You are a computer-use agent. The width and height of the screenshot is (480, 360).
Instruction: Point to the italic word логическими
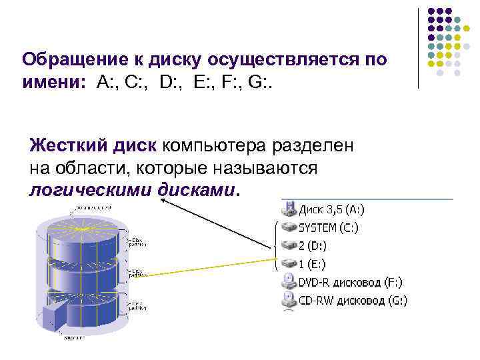pyautogui.click(x=91, y=190)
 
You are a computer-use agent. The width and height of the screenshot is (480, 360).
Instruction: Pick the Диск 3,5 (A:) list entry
pyautogui.click(x=332, y=209)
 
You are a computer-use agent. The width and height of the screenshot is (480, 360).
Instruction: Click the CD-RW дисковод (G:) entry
pyautogui.click(x=353, y=300)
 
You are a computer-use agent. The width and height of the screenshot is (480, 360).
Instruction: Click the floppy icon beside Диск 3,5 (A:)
pyautogui.click(x=289, y=209)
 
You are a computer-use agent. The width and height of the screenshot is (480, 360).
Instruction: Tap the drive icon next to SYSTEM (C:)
pyautogui.click(x=289, y=227)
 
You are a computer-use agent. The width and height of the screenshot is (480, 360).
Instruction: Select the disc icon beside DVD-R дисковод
pyautogui.click(x=289, y=281)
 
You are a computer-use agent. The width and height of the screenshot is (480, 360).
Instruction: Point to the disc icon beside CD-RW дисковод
pyautogui.click(x=289, y=300)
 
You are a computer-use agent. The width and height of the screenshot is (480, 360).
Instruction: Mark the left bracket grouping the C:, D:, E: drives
pyautogui.click(x=276, y=245)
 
